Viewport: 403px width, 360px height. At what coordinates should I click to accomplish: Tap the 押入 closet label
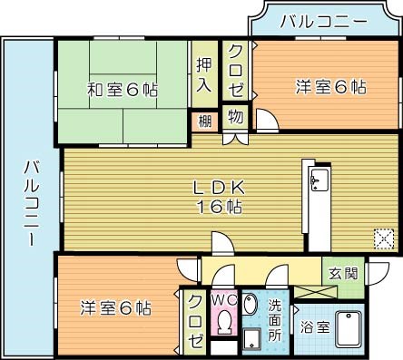(203, 76)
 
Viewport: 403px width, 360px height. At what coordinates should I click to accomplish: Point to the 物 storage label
(235, 116)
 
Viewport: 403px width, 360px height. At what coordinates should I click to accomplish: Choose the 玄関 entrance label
(344, 273)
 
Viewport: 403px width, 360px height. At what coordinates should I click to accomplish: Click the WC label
(223, 298)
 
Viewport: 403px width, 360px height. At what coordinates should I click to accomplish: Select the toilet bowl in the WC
(223, 322)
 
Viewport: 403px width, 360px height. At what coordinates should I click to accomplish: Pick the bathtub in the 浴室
(349, 327)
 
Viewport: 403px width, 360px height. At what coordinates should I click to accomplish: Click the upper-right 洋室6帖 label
(330, 87)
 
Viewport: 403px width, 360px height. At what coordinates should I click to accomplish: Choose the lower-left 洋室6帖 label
(114, 306)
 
